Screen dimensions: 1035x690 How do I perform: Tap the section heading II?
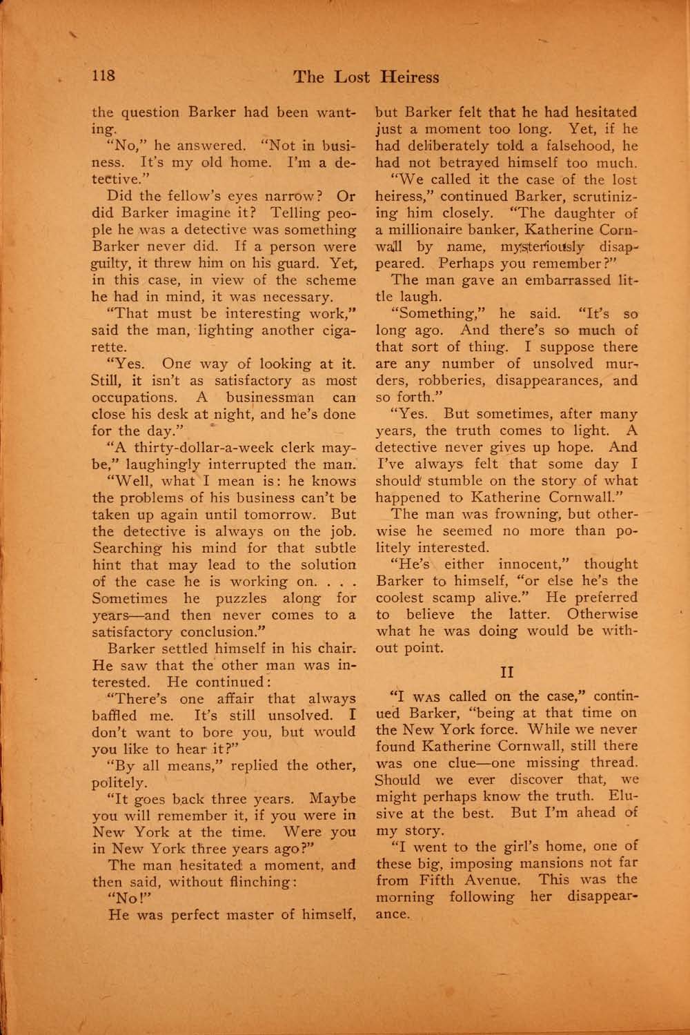[506, 668]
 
